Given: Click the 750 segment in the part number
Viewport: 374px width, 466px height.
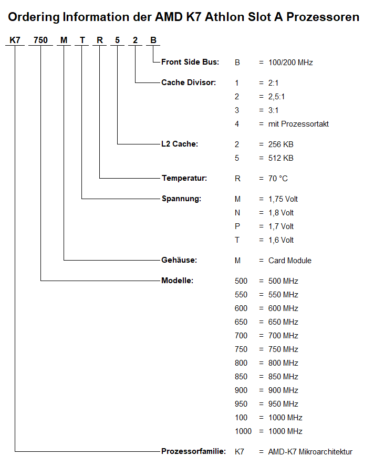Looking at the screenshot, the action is [40, 40].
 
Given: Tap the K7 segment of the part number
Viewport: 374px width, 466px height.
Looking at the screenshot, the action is [15, 40].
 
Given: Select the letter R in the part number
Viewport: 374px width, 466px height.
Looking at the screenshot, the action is [99, 40].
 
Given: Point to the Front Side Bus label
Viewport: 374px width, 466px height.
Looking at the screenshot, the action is [190, 62].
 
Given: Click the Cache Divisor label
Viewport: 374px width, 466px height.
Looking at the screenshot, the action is [189, 82].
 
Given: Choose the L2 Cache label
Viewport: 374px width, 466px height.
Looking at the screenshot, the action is [180, 144].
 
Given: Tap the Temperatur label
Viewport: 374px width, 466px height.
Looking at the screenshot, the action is [184, 178].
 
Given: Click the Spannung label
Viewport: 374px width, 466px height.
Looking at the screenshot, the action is [181, 199].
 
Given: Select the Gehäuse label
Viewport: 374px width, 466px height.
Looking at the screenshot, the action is [179, 260].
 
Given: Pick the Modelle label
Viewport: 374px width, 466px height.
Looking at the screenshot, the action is [178, 281].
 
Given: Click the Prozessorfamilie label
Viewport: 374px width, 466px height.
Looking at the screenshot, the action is [193, 451].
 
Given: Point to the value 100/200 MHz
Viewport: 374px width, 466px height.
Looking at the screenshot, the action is [290, 63].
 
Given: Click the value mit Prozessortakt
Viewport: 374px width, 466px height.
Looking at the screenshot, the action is [298, 124].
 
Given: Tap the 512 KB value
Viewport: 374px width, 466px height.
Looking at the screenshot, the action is [280, 158].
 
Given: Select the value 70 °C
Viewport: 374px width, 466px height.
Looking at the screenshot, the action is [278, 179].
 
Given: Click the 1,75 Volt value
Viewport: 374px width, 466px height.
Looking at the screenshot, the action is [283, 199].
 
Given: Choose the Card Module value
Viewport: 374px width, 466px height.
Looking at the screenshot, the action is [290, 261].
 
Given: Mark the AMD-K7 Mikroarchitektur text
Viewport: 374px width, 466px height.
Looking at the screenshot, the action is [310, 452].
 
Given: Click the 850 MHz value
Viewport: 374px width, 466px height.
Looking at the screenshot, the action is [283, 377].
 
